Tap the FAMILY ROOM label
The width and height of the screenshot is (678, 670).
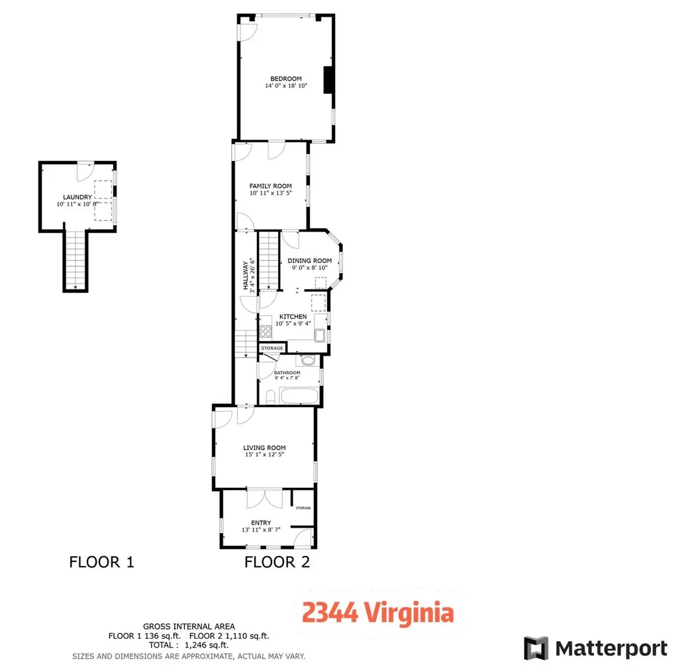pos(270,186)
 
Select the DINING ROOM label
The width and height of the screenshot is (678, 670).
pos(309,261)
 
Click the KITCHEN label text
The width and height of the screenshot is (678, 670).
pos(292,316)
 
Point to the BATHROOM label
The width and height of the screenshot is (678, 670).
pos(287,373)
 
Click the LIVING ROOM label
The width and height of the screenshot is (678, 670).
pos(264,448)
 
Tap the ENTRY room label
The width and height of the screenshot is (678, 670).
pos(261,523)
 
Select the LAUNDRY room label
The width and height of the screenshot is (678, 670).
pos(77,197)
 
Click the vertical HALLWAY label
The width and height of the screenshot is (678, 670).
pos(245,276)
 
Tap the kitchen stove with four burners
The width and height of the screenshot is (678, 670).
pos(266,332)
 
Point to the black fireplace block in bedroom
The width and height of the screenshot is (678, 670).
pos(328,81)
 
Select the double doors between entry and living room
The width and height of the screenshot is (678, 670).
pos(264,498)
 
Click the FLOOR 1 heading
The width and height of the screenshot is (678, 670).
pos(101,563)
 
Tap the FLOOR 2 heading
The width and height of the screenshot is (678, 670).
pos(277,563)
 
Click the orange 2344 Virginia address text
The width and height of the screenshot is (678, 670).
pos(378,613)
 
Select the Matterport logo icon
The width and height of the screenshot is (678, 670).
pos(536,647)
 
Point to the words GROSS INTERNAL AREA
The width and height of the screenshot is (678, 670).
pos(189,626)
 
